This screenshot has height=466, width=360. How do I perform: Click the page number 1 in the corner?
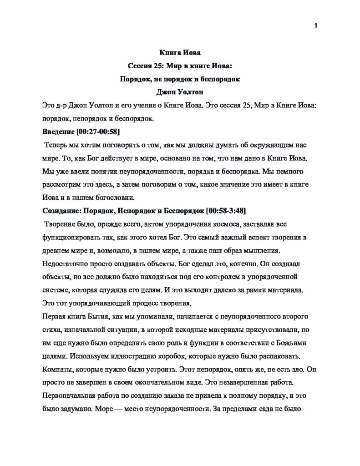(315, 25)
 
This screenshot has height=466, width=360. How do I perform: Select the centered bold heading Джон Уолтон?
(180, 92)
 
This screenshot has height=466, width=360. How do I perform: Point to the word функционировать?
(71, 238)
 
